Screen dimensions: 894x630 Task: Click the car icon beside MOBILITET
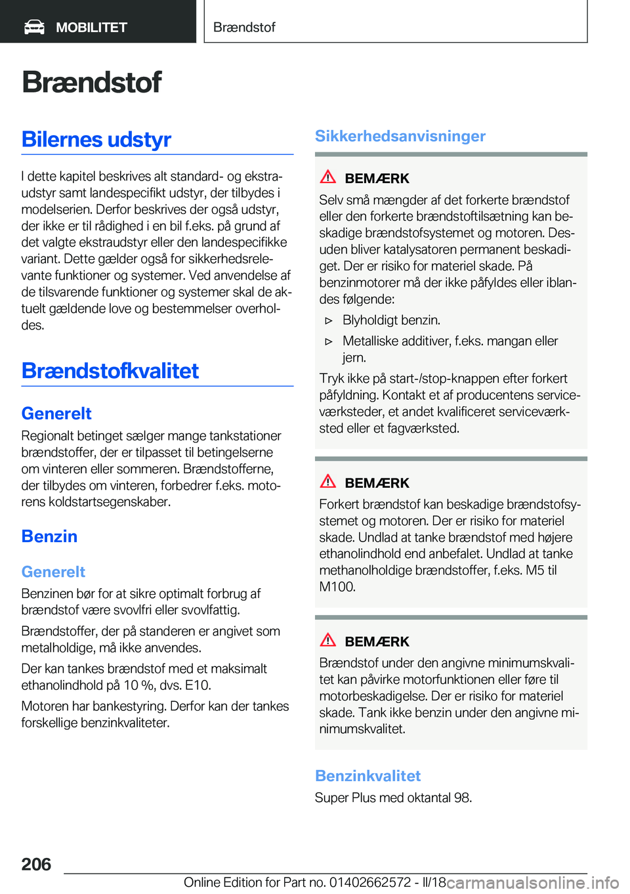[x=34, y=27]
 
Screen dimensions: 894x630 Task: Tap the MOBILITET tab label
[x=91, y=28]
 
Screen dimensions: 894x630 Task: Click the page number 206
[x=36, y=864]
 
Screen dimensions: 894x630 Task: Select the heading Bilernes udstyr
[x=96, y=140]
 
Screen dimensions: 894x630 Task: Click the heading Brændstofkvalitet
[x=110, y=371]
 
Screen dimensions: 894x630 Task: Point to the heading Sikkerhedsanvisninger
[x=400, y=136]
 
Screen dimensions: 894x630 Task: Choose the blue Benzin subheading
[x=49, y=536]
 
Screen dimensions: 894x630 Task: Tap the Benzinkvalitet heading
[x=367, y=776]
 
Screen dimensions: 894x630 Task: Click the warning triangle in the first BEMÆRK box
[x=328, y=177]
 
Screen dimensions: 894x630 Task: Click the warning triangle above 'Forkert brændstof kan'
[x=328, y=482]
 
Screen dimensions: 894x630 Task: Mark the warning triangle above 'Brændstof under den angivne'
[x=328, y=641]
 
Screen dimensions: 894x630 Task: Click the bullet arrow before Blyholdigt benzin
[x=329, y=321]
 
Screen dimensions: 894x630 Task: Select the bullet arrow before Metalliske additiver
[x=329, y=341]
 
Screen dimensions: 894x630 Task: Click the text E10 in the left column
[x=198, y=685]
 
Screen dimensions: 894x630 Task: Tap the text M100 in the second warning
[x=337, y=587]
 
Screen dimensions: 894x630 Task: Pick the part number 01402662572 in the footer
[x=370, y=882]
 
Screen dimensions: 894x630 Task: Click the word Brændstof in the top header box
[x=244, y=28]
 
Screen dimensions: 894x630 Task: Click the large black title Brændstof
[x=92, y=82]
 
